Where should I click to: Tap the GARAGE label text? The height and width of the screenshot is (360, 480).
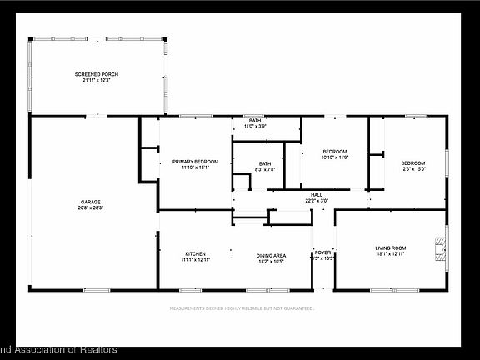(91, 202)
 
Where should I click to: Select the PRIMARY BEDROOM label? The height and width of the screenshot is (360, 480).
(195, 161)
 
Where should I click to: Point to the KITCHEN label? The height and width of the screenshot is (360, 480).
(195, 254)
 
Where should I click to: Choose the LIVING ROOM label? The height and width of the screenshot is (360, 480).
(390, 247)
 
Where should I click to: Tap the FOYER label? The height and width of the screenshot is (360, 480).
(322, 252)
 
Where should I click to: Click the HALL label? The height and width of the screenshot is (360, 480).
(316, 194)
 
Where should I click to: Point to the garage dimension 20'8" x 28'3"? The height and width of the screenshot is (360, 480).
(91, 207)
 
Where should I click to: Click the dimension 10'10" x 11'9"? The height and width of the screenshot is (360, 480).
(334, 157)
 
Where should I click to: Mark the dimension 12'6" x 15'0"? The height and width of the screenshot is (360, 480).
(412, 168)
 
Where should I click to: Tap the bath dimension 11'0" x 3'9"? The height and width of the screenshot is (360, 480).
(254, 127)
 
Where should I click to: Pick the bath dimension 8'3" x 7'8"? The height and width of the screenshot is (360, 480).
(264, 169)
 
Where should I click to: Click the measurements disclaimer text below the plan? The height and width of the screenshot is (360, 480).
(241, 307)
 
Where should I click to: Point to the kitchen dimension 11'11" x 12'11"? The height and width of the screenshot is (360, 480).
(195, 260)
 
